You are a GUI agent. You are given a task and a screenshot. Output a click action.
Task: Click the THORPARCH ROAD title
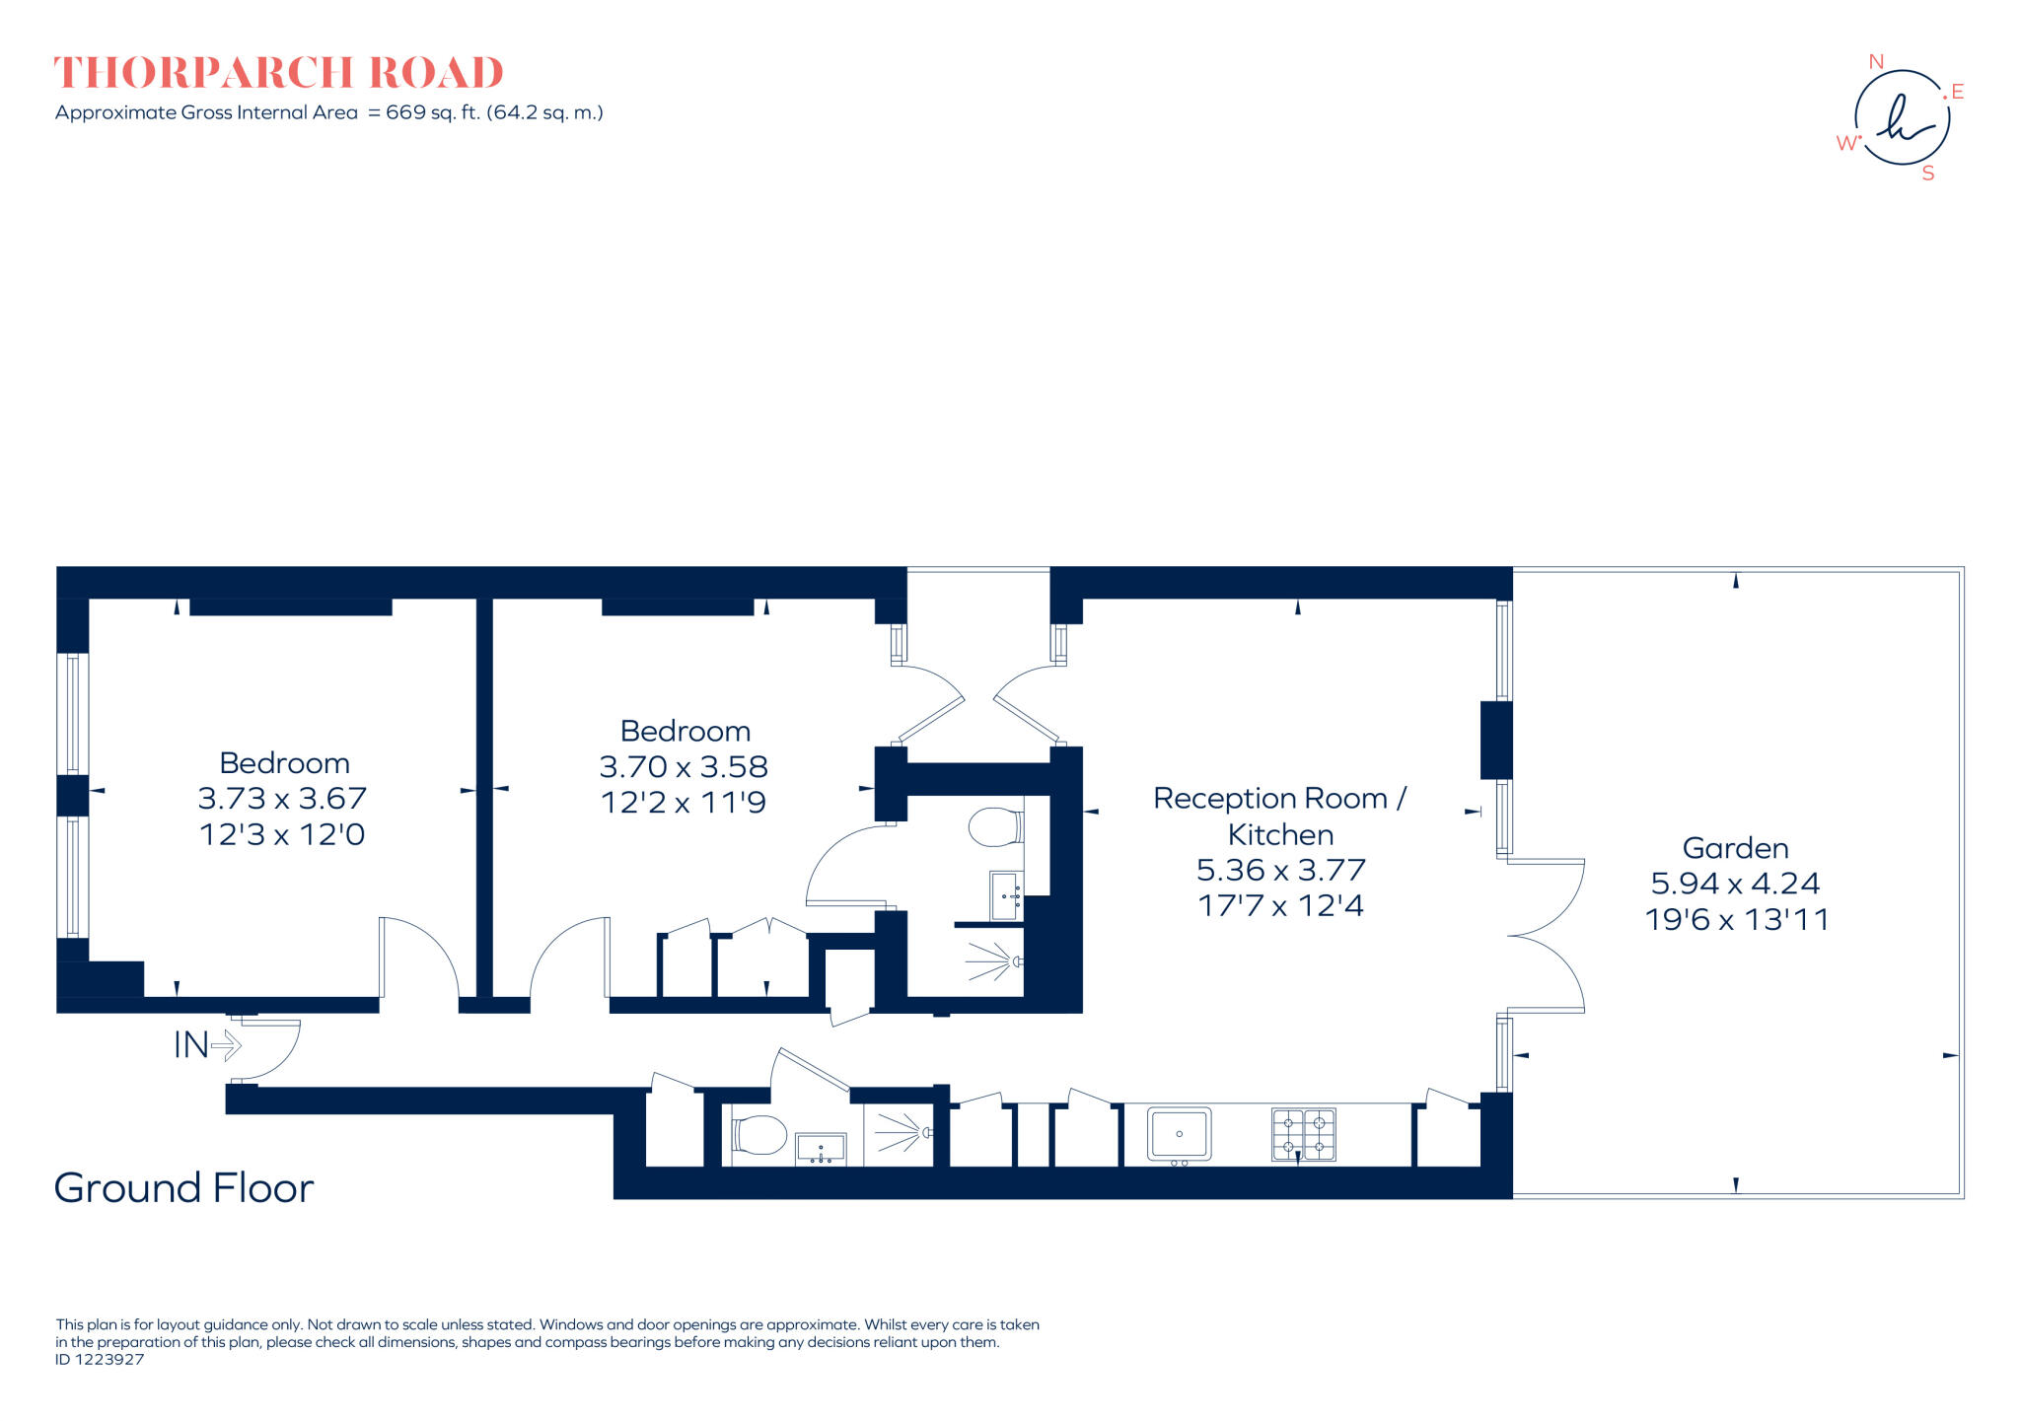coord(278,73)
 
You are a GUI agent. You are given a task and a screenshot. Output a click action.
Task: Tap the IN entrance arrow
coord(226,1045)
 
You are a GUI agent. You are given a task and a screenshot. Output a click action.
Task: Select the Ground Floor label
coord(183,1188)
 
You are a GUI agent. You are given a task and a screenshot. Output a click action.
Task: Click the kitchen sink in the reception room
coord(1179,1134)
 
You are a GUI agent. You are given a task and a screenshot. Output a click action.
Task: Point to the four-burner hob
coord(1303,1135)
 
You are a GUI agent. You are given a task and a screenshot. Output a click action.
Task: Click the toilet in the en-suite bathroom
coord(994,827)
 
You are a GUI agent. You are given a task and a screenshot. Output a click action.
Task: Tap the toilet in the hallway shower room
coord(758,1135)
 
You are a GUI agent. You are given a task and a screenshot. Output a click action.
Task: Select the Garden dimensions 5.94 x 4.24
coord(1735,884)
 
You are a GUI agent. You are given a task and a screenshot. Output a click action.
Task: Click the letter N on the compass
coord(1876,62)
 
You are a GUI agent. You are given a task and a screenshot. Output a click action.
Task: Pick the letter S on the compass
coord(1927,175)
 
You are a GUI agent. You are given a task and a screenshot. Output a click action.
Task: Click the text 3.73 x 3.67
coord(282,799)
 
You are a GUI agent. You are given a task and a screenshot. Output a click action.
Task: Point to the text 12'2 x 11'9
coord(684,803)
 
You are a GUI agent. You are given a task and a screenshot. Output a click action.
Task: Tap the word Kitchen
coord(1280,835)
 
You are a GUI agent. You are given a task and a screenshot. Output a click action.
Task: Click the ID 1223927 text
coord(100,1360)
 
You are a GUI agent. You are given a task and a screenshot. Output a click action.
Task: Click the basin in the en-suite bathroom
coord(1005,895)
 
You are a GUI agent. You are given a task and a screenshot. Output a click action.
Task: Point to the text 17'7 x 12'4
coord(1280,906)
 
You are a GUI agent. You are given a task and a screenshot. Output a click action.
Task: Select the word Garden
coord(1735,848)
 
